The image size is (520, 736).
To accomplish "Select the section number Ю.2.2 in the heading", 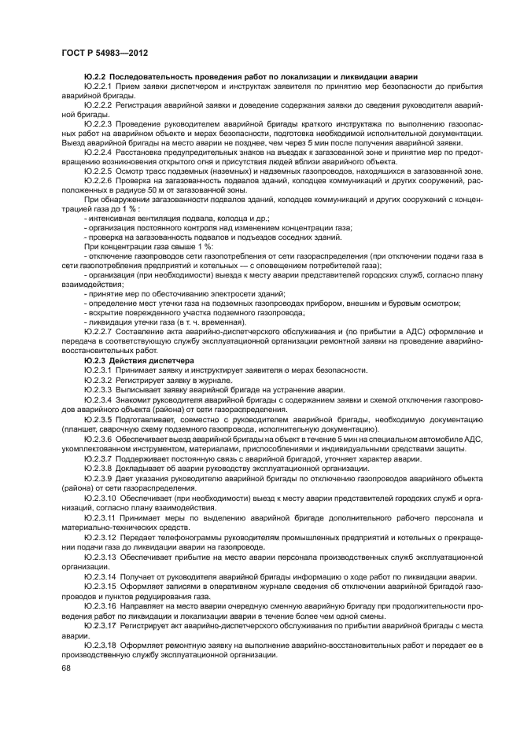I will point(96,75).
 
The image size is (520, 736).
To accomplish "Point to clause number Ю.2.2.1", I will point(98,83).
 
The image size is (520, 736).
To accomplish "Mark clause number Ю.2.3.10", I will point(99,499).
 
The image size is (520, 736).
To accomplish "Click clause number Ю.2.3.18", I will point(99,644).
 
